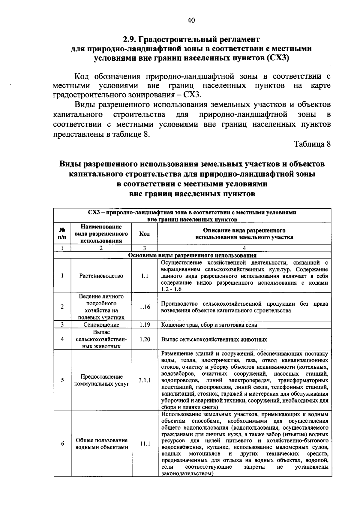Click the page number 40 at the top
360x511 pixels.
click(191, 20)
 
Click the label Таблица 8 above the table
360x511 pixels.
click(312, 144)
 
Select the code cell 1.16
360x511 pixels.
click(145, 307)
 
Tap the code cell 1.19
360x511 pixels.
click(145, 325)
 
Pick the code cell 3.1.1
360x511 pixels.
click(145, 380)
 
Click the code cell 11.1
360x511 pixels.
click(145, 444)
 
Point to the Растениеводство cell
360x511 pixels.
click(101, 276)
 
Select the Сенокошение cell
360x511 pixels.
click(101, 325)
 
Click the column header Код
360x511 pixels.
click(145, 234)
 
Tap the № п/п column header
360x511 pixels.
click(62, 234)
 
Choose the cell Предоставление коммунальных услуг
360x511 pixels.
click(101, 380)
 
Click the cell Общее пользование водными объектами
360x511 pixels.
click(101, 444)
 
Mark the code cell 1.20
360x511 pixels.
click(145, 339)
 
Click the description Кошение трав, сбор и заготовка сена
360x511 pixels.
click(209, 325)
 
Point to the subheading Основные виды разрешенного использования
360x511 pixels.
click(192, 255)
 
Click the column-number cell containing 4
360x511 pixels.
click(244, 248)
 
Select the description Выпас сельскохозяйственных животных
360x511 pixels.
click(214, 340)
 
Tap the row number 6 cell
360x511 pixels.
click(62, 444)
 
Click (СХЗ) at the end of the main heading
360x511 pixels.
click(277, 58)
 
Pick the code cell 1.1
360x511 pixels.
click(145, 276)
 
